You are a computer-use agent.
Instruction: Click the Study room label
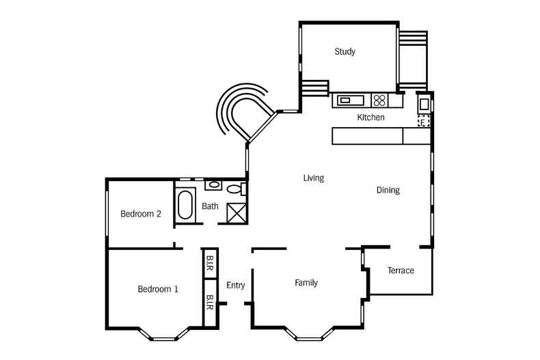click(x=345, y=51)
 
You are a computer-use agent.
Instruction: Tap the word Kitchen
click(x=370, y=117)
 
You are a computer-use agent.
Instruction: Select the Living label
click(x=314, y=178)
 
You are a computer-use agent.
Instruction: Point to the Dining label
click(x=388, y=190)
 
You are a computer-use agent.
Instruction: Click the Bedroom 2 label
click(x=141, y=214)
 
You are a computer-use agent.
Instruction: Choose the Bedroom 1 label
click(x=158, y=289)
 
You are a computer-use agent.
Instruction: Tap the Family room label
click(x=306, y=283)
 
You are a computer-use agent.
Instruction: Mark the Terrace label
click(x=401, y=271)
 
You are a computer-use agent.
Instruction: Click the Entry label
click(x=235, y=286)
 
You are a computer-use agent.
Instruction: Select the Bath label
click(x=210, y=206)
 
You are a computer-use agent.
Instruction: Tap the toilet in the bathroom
click(x=234, y=189)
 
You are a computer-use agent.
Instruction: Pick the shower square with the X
click(x=236, y=212)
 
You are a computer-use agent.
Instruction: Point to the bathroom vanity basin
click(x=213, y=184)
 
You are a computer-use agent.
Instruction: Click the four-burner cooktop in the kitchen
click(x=379, y=100)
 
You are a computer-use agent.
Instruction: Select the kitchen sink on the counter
click(x=347, y=100)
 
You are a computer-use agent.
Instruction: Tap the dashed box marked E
click(x=424, y=122)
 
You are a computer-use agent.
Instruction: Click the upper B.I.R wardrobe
click(x=211, y=264)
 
